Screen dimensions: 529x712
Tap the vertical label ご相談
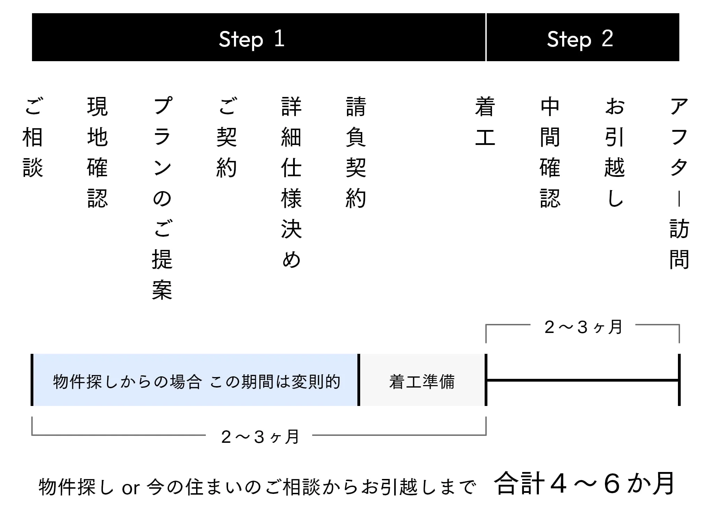pos(33,137)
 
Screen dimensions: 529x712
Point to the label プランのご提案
pos(162,198)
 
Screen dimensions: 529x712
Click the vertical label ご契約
pos(227,137)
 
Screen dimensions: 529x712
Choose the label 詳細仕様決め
pos(291,183)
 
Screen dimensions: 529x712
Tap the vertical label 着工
pos(485,122)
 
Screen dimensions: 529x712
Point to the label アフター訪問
pos(679,183)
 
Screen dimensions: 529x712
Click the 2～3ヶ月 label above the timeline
pos(583,327)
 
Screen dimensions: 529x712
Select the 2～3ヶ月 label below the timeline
pos(260,437)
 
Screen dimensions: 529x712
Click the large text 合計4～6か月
pos(584,484)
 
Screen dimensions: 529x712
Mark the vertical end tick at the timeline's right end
pos(679,380)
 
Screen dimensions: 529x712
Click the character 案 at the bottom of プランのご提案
pos(162,290)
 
